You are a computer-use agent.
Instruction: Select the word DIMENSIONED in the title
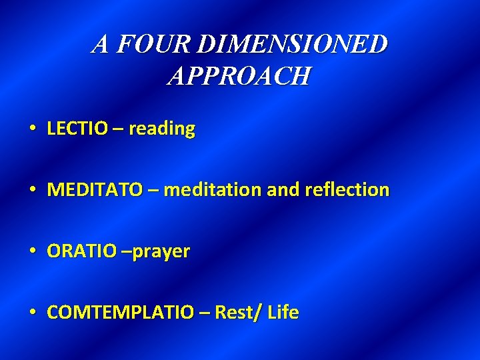click(293, 45)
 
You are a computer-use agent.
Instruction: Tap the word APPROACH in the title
click(239, 76)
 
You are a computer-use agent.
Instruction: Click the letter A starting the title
click(101, 45)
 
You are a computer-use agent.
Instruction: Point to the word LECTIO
click(77, 128)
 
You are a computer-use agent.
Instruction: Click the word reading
click(162, 128)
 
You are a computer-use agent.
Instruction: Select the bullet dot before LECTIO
click(33, 128)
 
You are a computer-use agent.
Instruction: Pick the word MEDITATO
click(95, 190)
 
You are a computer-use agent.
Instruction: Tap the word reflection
click(347, 190)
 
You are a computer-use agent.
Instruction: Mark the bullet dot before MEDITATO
click(33, 190)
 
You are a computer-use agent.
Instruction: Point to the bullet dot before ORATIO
click(33, 251)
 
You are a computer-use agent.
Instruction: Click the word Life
click(283, 313)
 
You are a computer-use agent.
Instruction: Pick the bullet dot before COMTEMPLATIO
click(33, 313)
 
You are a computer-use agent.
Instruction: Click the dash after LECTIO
click(117, 129)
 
